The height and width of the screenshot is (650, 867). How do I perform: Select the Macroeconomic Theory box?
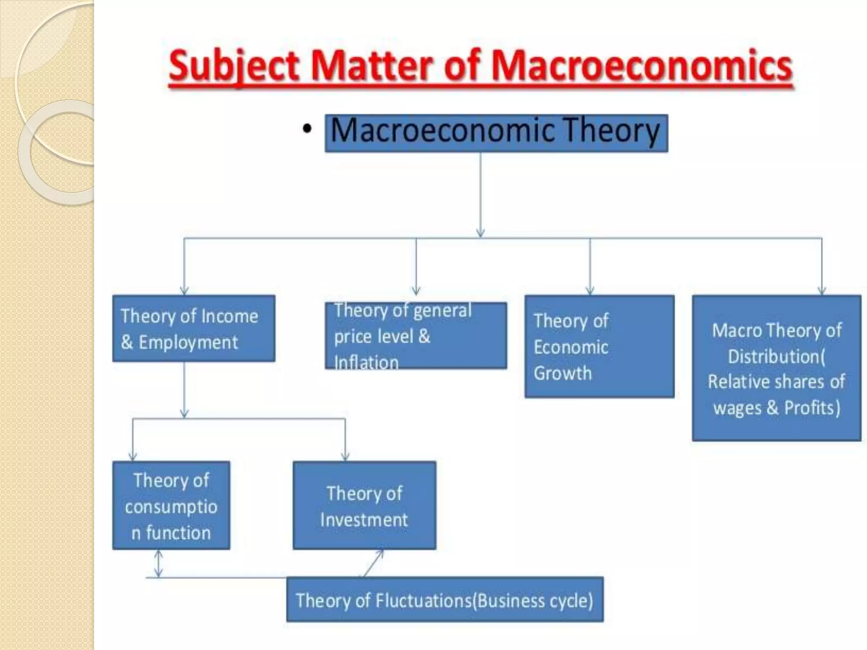496,133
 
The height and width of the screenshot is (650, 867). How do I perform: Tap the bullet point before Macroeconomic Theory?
307,129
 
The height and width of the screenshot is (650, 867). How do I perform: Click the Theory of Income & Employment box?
193,328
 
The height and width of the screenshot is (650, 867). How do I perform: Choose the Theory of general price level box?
416,336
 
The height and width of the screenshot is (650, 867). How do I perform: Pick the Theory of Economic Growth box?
599,347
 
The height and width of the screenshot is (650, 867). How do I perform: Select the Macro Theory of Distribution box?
776,368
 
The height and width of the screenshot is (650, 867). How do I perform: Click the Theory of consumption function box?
171,505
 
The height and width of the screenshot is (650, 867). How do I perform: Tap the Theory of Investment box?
364,505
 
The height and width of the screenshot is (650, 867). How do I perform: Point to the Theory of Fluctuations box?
445,600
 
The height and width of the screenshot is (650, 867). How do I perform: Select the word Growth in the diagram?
563,373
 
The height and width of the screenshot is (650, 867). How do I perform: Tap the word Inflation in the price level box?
367,363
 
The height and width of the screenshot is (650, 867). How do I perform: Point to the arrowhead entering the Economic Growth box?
590,291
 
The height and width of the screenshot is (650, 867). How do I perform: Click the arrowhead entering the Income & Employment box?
184,291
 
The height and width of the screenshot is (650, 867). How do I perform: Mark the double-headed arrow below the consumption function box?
158,563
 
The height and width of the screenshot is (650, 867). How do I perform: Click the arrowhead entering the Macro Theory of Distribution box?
822,291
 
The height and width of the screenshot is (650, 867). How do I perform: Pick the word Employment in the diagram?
188,342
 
